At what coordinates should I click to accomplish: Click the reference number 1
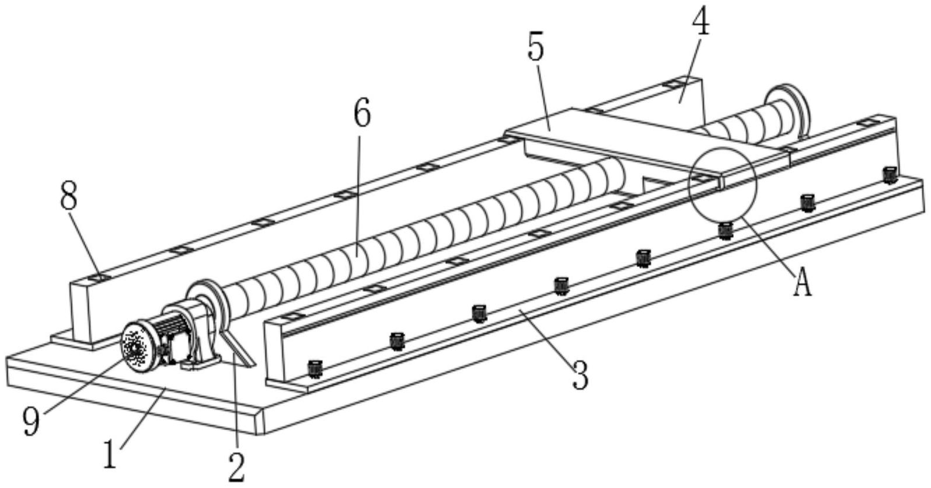[x=110, y=455]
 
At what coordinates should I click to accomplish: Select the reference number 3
[x=580, y=375]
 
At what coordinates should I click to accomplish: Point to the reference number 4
[x=701, y=23]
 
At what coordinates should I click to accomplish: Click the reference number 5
[x=535, y=48]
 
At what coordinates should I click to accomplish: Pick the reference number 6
[x=362, y=113]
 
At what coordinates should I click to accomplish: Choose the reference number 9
[x=32, y=421]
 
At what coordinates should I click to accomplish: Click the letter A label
[x=803, y=285]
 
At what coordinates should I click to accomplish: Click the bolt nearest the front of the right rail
[x=315, y=368]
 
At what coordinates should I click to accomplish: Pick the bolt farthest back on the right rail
[x=889, y=174]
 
